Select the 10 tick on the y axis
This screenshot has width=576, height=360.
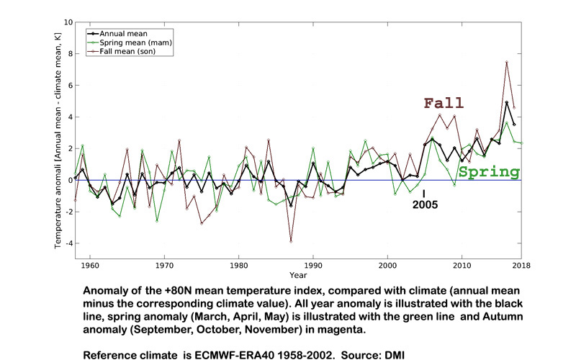pos(67,22)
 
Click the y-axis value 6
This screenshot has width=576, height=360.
pos(69,85)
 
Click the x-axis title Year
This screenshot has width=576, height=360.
pos(298,274)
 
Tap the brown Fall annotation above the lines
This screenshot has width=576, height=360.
pos(444,104)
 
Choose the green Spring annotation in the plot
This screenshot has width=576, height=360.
pos(489,172)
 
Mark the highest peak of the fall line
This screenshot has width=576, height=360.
pos(507,62)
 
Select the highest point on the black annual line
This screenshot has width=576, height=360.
pos(507,102)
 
